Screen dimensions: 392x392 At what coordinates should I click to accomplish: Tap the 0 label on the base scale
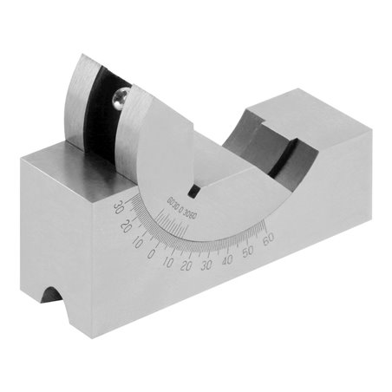150,254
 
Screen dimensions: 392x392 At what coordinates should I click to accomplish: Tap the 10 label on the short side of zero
137,244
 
